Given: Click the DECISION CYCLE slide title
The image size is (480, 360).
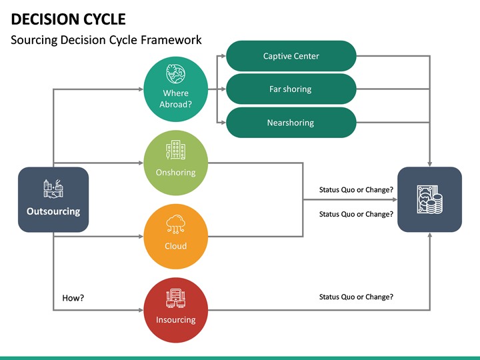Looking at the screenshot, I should point(68,19).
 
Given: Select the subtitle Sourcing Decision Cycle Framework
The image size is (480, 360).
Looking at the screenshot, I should point(106,40).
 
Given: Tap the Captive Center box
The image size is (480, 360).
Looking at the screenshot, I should point(291,56).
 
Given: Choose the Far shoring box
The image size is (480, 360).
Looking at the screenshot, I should point(291,89).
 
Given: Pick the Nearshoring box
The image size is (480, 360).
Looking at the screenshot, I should point(291,123).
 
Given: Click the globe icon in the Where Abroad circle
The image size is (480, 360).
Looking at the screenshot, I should point(176,74).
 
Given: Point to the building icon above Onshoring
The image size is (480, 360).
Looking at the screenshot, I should point(176,151).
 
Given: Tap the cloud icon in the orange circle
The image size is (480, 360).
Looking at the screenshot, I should point(176,224).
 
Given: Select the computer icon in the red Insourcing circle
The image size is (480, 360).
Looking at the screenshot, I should point(176,297).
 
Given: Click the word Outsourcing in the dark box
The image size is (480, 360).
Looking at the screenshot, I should point(53,211).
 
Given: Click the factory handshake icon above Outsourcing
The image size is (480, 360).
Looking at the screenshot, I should point(53,189).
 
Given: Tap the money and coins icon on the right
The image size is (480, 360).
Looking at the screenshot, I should point(429,199).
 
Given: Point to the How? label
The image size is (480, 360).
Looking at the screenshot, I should point(73,298).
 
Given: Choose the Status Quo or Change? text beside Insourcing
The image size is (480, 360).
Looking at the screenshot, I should point(356,297).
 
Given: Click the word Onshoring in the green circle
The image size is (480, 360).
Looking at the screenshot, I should point(176,172).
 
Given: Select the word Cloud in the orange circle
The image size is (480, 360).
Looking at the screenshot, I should point(176,246).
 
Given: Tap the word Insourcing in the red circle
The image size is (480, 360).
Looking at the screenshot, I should point(176,319).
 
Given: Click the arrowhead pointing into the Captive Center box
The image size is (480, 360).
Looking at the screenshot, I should point(222,56).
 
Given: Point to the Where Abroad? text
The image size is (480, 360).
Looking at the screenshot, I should point(176,99).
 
